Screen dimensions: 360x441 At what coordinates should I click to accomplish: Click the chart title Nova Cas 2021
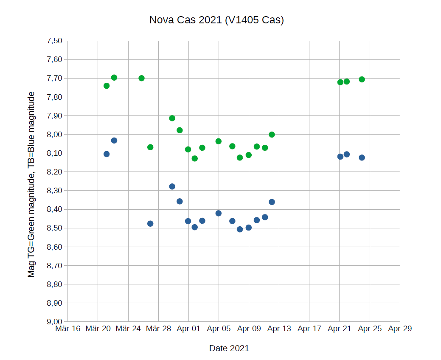(x=216, y=20)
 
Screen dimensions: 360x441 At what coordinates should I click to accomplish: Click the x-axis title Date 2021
(x=229, y=348)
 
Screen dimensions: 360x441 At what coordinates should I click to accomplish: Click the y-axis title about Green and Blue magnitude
(x=31, y=184)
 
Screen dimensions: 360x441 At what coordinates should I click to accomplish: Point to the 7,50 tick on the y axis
(x=54, y=41)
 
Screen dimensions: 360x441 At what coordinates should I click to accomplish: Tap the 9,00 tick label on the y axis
(x=54, y=321)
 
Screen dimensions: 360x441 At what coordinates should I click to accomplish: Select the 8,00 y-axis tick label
(x=54, y=134)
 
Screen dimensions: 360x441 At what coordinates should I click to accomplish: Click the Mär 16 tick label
(x=67, y=329)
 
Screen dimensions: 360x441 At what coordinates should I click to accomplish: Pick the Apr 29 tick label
(x=400, y=329)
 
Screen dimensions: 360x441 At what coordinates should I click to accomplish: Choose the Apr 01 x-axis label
(x=188, y=329)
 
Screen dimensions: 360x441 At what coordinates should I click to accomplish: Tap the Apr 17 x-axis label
(x=309, y=329)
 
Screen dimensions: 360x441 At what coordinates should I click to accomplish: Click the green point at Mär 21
(x=107, y=86)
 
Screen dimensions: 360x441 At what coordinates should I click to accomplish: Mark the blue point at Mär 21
(x=107, y=154)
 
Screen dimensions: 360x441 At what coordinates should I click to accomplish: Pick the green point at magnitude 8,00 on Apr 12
(x=272, y=135)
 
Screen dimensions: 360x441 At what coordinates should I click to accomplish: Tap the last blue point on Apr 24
(x=362, y=157)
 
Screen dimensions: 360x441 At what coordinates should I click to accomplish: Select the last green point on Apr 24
(x=362, y=79)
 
